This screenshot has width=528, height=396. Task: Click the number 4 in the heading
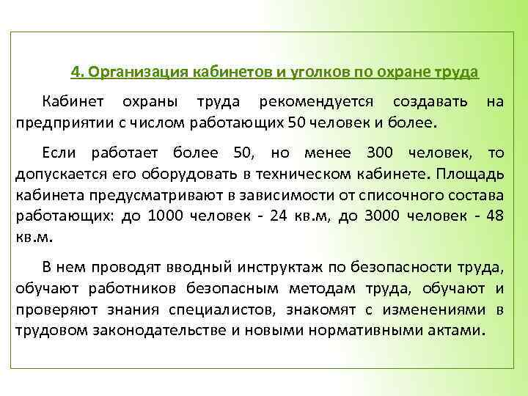click(x=75, y=73)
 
